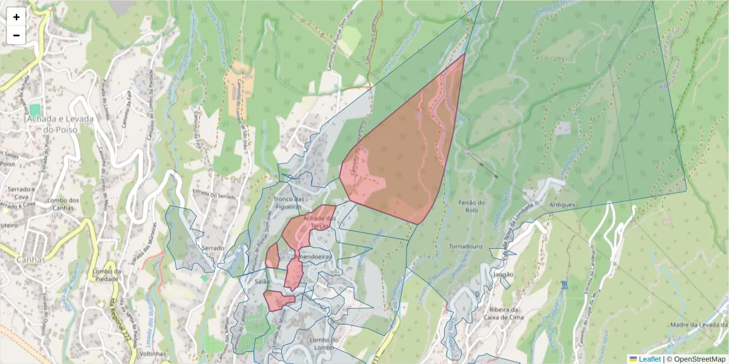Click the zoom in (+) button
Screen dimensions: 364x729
16,17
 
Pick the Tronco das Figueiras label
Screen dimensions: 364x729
289,203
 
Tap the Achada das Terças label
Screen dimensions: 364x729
320,222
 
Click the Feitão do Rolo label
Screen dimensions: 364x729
471,207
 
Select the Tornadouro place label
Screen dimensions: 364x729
465,247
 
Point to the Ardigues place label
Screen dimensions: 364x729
561,205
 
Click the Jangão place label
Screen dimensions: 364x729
504,274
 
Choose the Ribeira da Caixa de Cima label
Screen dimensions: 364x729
502,312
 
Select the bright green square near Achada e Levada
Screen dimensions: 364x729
35,110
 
